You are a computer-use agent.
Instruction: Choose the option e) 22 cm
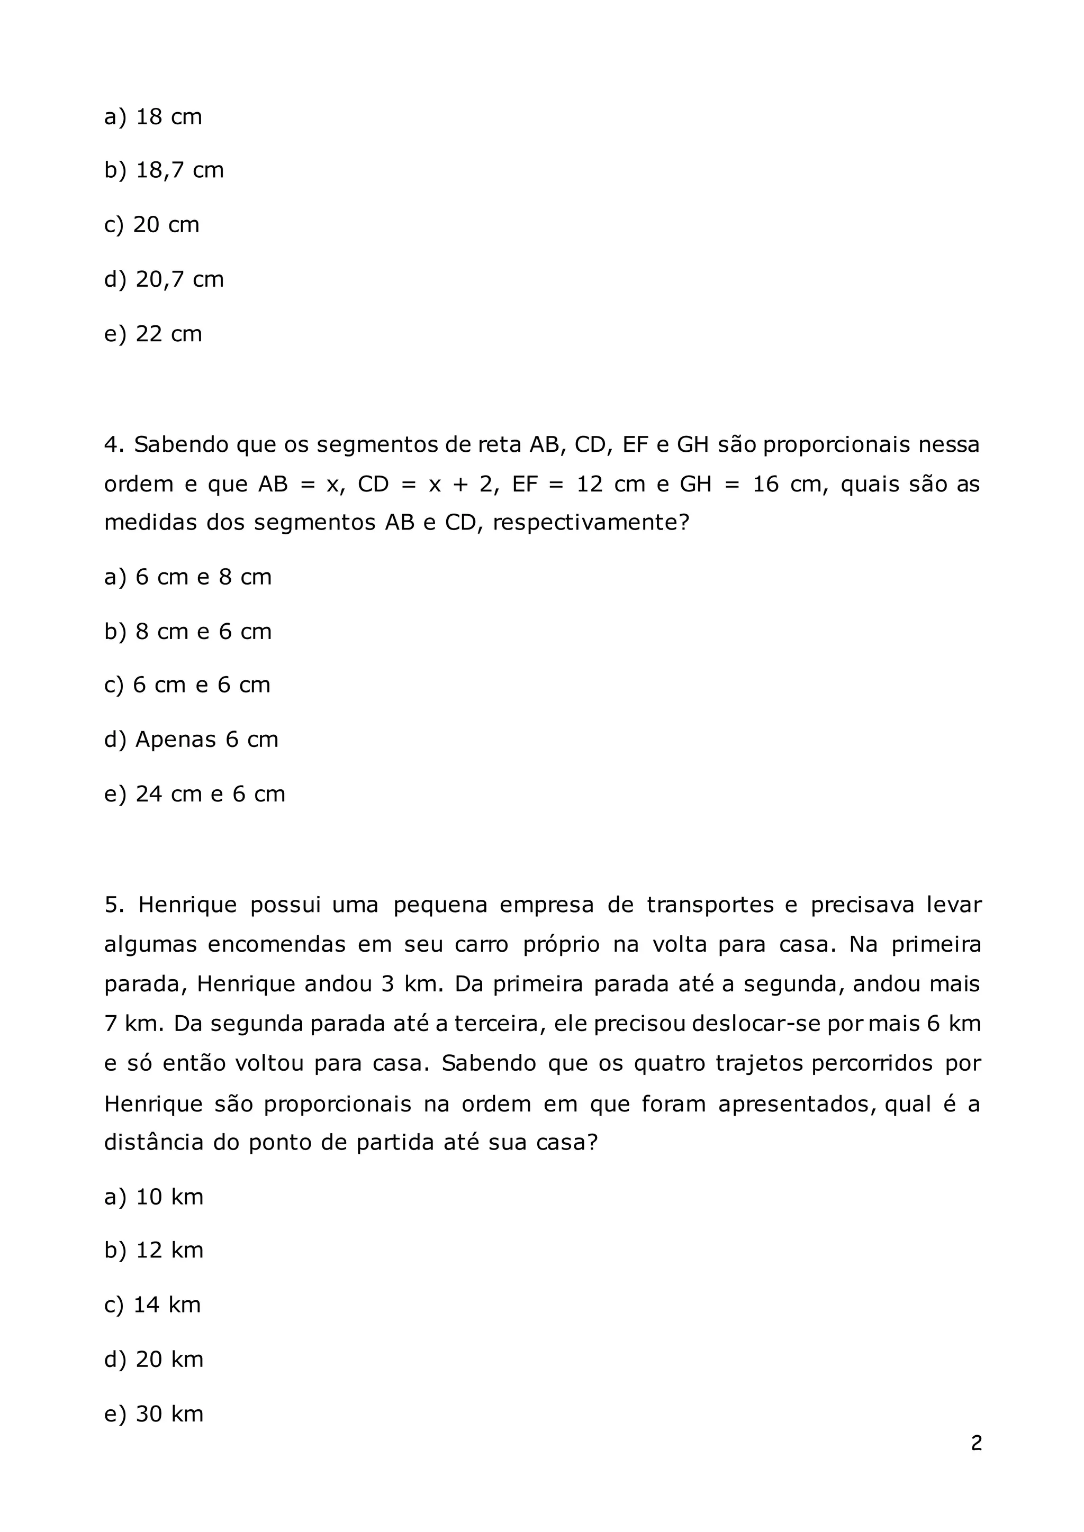tap(153, 334)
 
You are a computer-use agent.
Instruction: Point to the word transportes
tap(710, 906)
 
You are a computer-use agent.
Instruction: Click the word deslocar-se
tap(756, 1024)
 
